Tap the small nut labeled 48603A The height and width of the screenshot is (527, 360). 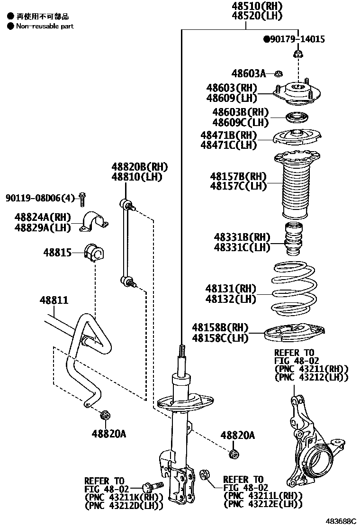point(279,73)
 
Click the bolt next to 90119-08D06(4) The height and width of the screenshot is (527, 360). point(82,199)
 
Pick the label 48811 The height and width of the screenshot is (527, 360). point(54,300)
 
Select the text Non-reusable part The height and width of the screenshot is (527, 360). point(45,26)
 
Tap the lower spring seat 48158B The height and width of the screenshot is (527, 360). point(295,333)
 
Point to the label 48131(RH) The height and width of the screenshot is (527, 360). point(230,289)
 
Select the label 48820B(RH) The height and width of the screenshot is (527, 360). point(140,167)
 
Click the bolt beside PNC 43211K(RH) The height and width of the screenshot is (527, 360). point(153,486)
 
